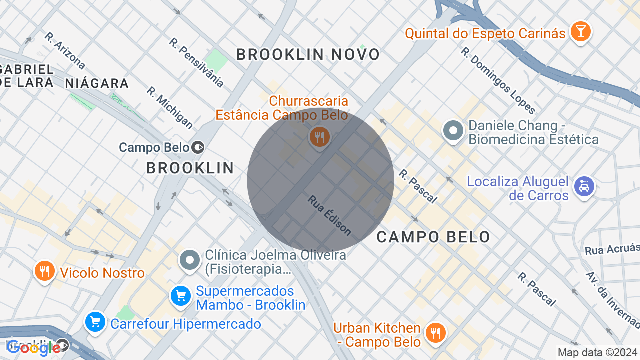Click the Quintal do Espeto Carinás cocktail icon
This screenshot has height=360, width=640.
pos(580,31)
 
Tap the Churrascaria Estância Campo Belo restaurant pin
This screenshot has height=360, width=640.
pos(319,136)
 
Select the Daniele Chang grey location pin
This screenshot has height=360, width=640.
pos(454,131)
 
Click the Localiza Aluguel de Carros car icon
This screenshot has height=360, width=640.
pos(584,187)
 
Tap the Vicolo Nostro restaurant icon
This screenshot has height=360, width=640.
pos(45,271)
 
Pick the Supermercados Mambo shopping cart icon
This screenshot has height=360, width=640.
pos(180,296)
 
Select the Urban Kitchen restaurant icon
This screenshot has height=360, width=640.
pos(435,332)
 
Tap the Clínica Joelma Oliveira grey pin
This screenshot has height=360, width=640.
pos(190,260)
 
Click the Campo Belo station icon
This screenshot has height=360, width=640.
pos(198,147)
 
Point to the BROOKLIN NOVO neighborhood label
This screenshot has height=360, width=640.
pos(308,55)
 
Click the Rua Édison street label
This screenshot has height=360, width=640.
pos(329,215)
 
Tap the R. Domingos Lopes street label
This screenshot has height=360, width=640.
pos(498,81)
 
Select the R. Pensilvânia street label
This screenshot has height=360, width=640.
pos(196,63)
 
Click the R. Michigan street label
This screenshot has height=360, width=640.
pos(170,107)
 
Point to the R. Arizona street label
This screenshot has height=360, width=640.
pos(65,50)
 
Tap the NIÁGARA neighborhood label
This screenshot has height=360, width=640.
pos(97,83)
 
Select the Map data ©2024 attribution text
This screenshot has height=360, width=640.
pos(597,353)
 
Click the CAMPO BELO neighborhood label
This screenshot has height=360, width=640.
pos(433,237)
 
